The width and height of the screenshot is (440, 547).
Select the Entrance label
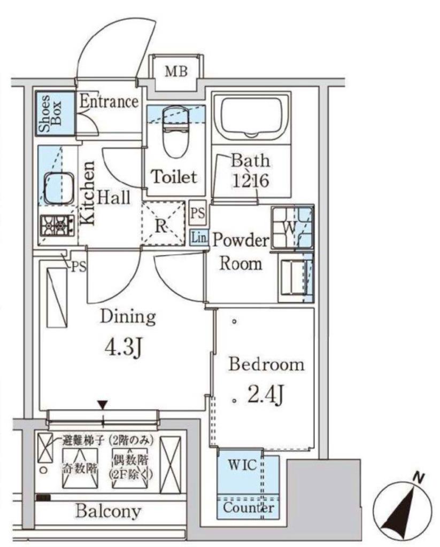coord(109,101)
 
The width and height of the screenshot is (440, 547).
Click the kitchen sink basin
coord(58,189)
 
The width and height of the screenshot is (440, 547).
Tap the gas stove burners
coord(57,226)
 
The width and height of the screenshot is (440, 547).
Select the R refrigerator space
coord(163,223)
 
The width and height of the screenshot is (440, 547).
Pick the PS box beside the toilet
coord(198,213)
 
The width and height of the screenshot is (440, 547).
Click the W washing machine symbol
coord(289,227)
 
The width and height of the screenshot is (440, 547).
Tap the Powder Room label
coord(241,252)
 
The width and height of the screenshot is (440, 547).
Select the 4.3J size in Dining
coord(123,348)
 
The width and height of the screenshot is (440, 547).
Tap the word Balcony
coord(108,511)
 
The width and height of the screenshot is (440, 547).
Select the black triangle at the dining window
coord(102,405)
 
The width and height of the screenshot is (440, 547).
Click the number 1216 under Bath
coord(250,181)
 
